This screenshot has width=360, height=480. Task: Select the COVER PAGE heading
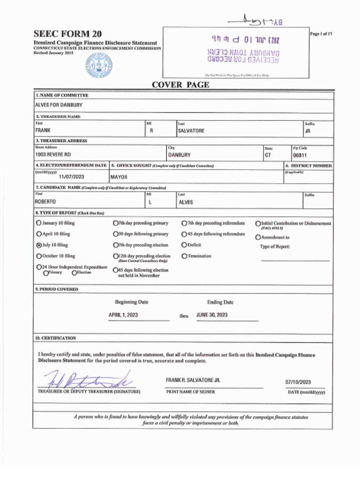[x=180, y=85]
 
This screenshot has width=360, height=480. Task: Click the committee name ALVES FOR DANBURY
[x=59, y=105]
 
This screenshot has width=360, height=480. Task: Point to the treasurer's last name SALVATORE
[x=191, y=131]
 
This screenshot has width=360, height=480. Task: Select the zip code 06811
[x=300, y=155]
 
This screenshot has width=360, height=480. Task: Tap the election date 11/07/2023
[x=72, y=177]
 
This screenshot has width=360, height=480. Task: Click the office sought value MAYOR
[x=119, y=177]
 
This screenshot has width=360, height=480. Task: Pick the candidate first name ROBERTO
[x=45, y=202]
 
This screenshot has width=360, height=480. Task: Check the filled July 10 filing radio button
[x=39, y=245]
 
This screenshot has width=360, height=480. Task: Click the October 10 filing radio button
[x=39, y=256]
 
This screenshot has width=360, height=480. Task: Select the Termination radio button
[x=184, y=256]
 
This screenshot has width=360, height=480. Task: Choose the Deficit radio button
[x=184, y=245]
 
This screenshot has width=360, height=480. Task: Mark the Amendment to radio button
[x=258, y=237]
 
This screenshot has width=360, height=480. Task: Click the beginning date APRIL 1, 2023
[x=123, y=315]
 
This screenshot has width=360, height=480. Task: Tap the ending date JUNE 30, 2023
[x=212, y=315]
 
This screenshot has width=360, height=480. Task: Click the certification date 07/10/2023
[x=298, y=382]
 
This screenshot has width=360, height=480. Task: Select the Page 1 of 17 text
[x=321, y=34]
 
